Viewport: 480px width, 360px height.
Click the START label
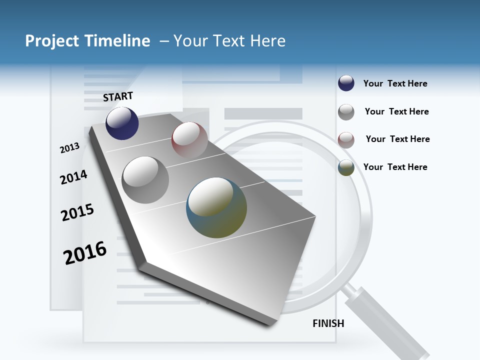click(x=118, y=96)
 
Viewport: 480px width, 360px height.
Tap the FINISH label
click(x=328, y=323)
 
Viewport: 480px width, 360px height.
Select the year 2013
click(x=70, y=148)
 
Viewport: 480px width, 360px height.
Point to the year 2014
click(x=73, y=177)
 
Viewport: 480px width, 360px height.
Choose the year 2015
click(x=77, y=212)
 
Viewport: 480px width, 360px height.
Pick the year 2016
click(x=85, y=252)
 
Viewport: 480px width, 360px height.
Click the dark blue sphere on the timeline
click(x=122, y=123)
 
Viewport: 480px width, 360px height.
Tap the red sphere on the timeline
click(x=189, y=140)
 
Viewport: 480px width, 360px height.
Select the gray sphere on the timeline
click(x=145, y=180)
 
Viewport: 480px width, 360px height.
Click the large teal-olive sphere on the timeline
click(x=216, y=207)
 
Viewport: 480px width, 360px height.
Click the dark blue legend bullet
click(x=346, y=83)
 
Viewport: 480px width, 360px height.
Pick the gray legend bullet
click(x=346, y=112)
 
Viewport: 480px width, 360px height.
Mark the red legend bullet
click(x=346, y=139)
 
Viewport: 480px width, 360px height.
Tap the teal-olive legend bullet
click(x=346, y=167)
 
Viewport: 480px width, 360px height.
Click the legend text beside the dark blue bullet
click(x=395, y=83)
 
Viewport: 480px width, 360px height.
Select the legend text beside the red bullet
click(x=397, y=139)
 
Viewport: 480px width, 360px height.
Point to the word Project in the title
click(x=52, y=41)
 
